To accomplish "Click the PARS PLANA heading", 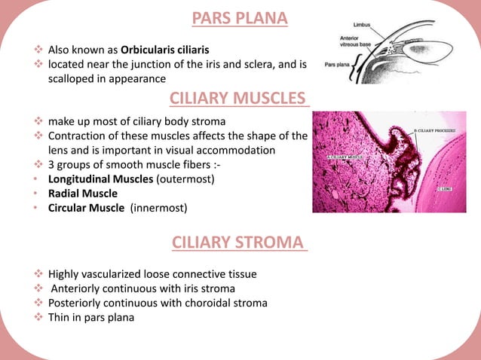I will (x=240, y=18).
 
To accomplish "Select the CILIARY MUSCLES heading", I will (x=240, y=98).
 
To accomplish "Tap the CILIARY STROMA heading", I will (x=240, y=243).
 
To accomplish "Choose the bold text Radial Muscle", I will (x=83, y=194).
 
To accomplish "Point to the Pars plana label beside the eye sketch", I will (x=336, y=66).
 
